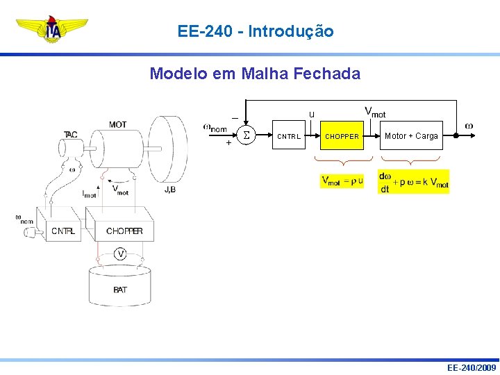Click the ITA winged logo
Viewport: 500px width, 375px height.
pyautogui.click(x=52, y=30)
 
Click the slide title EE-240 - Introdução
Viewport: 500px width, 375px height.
pyautogui.click(x=256, y=31)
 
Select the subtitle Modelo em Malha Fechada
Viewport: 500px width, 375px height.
pyautogui.click(x=255, y=74)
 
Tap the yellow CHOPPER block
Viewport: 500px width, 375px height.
pyautogui.click(x=342, y=136)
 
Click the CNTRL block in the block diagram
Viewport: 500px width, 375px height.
pyautogui.click(x=289, y=136)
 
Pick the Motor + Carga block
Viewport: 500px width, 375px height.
pyautogui.click(x=411, y=136)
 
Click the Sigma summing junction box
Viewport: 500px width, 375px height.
pyautogui.click(x=246, y=136)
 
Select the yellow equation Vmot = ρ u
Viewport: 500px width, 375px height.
pyautogui.click(x=342, y=181)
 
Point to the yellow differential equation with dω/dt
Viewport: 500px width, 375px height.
pyautogui.click(x=413, y=181)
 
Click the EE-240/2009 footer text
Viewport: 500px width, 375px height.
pyautogui.click(x=471, y=367)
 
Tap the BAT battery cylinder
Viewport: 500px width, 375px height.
pyautogui.click(x=119, y=285)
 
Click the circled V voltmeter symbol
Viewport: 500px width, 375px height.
pyautogui.click(x=121, y=254)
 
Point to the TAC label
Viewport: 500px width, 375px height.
pyautogui.click(x=71, y=134)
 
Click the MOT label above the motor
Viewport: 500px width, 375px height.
pyautogui.click(x=117, y=125)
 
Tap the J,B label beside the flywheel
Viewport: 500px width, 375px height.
pyautogui.click(x=170, y=189)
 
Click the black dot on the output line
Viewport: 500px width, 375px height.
pyautogui.click(x=456, y=136)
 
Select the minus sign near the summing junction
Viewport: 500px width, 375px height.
pyautogui.click(x=235, y=117)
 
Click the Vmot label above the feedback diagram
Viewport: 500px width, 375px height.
pyautogui.click(x=375, y=112)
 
